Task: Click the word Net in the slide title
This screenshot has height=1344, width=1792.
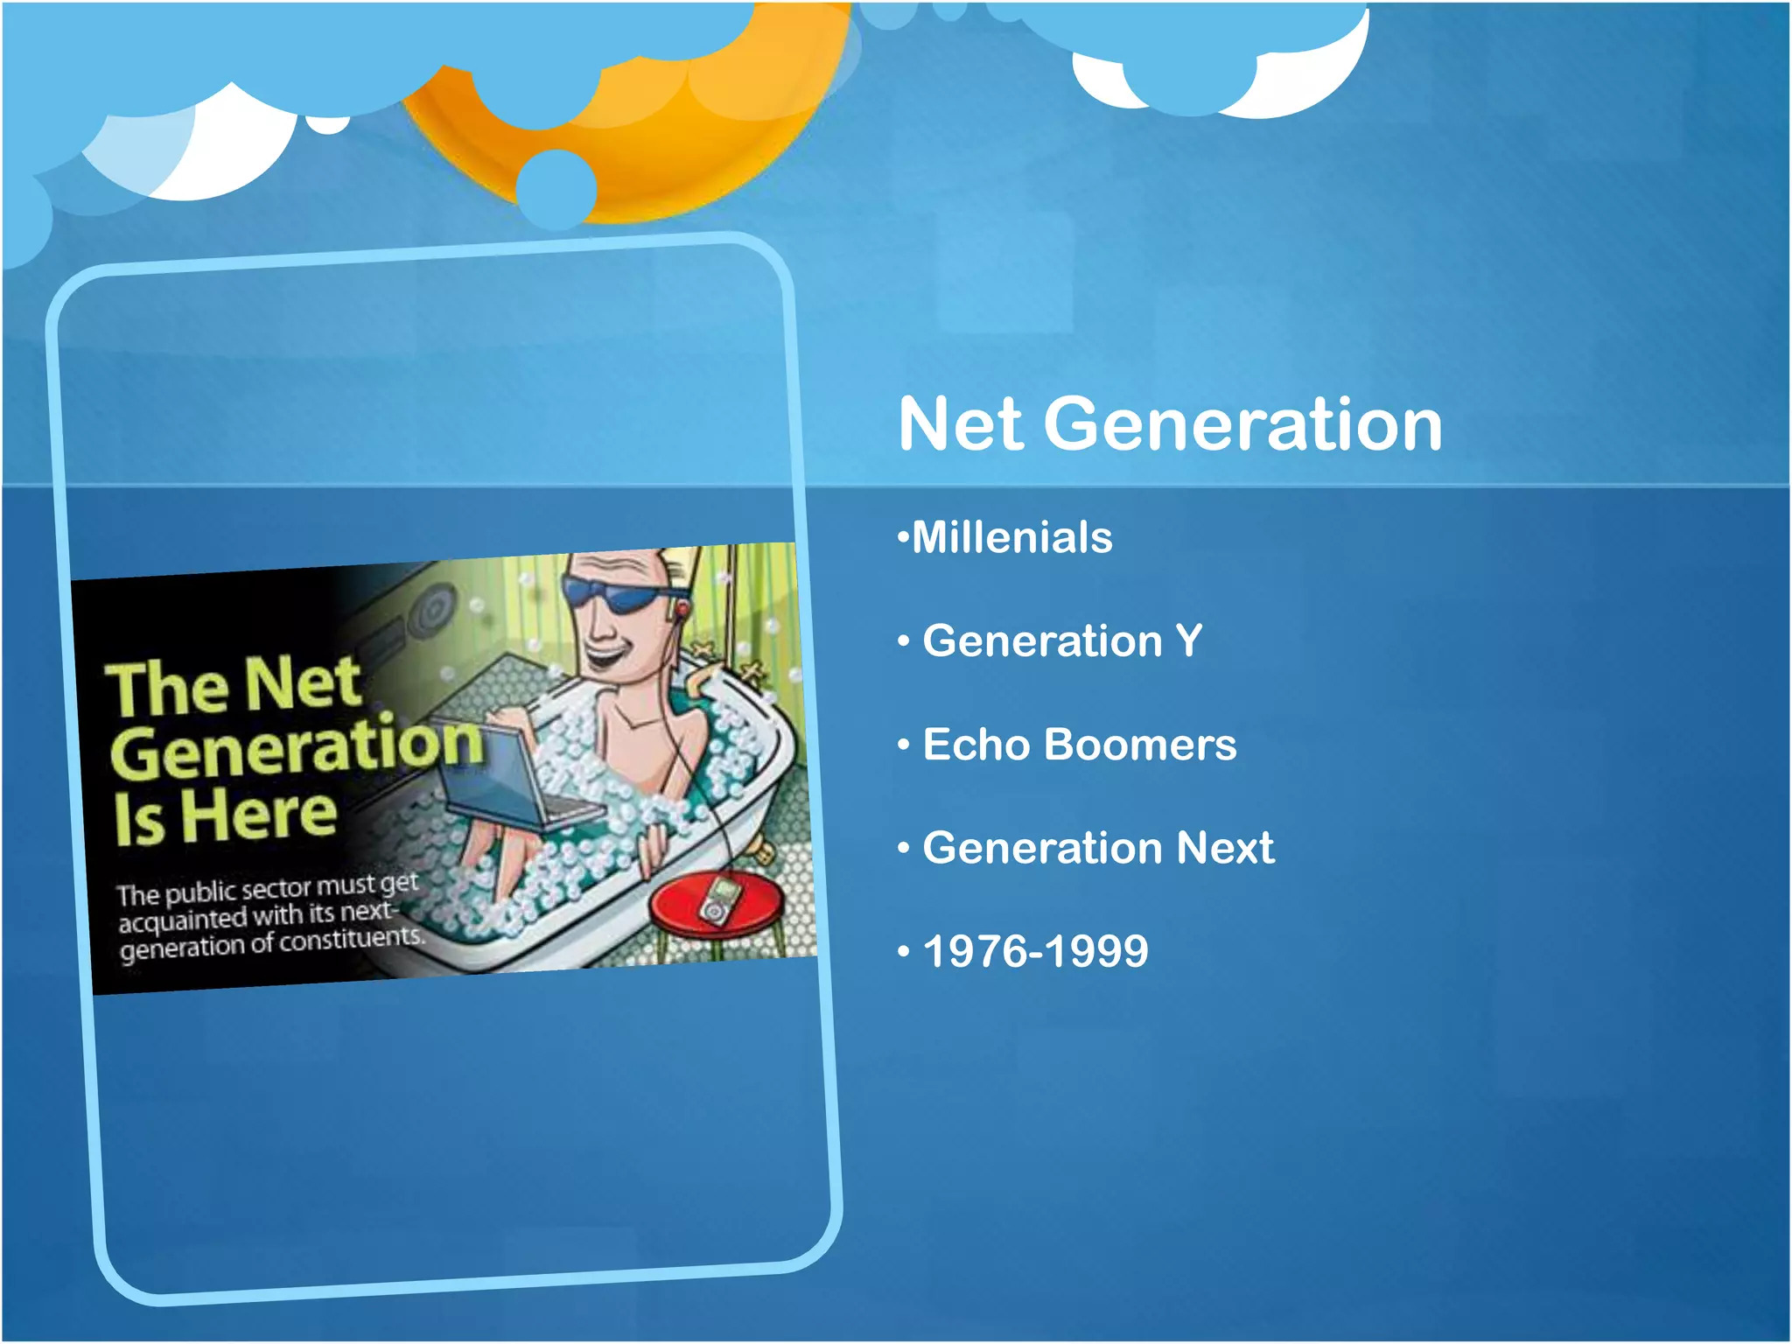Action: tap(961, 424)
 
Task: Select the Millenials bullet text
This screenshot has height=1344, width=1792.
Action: tap(1011, 537)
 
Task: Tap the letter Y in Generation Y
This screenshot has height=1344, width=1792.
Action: tap(1188, 640)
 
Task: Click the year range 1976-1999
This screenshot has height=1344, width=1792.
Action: tap(1035, 951)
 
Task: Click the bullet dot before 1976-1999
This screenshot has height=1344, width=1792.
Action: tap(904, 952)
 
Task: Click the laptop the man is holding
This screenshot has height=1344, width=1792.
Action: tap(516, 779)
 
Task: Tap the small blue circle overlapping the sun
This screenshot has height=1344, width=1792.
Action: tap(556, 188)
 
